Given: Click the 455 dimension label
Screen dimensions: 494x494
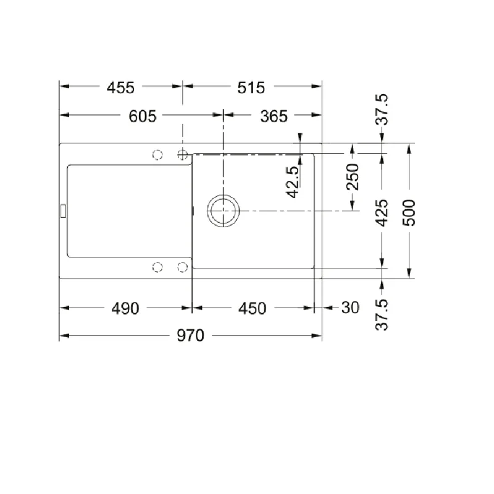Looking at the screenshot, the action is pos(120,88).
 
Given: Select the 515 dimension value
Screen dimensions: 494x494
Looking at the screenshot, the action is pos(251,88).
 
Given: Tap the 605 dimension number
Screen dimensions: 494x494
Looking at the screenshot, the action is pos(143,116).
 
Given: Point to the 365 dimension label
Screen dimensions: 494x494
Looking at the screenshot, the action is pos(274,116).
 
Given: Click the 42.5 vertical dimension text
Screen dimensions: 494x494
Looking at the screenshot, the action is pos(293,182).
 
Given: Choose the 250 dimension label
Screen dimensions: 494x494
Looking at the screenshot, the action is pos(353,177).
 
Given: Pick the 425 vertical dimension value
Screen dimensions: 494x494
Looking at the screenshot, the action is pos(382,212).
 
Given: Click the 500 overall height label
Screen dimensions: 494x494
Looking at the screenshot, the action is pos(409,212).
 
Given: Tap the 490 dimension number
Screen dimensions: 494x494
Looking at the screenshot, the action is pos(125,308).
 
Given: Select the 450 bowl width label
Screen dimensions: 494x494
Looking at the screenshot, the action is pos(253,308).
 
